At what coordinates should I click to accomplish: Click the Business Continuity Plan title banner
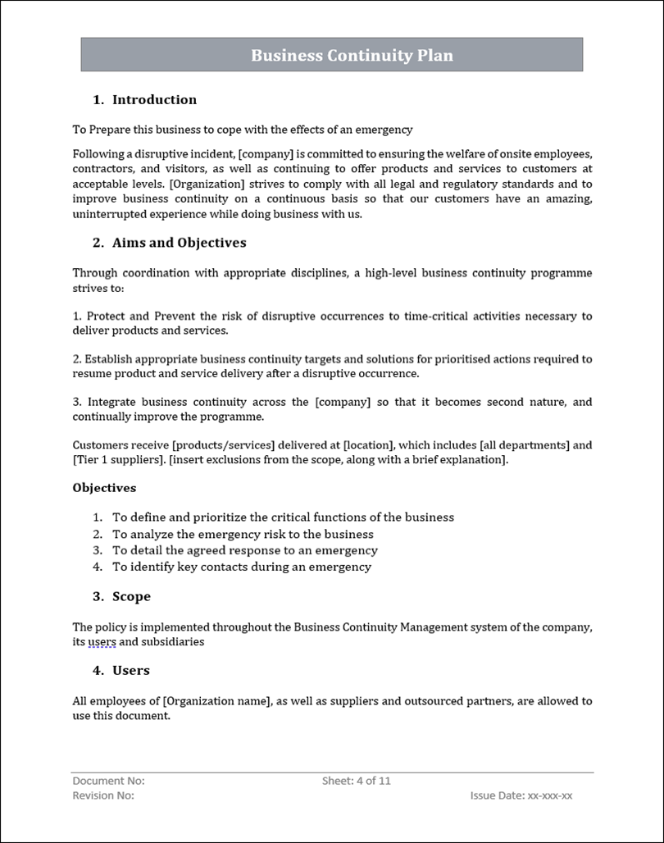(x=331, y=55)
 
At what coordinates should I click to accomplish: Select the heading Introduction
(x=154, y=100)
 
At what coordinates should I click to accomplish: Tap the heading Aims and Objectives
(x=179, y=243)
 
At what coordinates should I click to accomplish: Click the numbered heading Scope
(x=131, y=596)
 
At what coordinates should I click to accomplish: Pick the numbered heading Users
(x=130, y=670)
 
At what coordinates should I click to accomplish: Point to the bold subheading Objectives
(x=104, y=488)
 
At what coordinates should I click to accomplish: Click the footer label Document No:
(x=108, y=781)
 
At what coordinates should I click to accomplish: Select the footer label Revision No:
(x=103, y=795)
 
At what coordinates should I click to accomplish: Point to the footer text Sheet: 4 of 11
(x=356, y=781)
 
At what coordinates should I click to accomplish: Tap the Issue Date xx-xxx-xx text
(x=521, y=795)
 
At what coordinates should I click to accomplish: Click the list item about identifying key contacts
(x=241, y=567)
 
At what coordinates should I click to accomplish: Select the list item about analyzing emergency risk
(x=243, y=534)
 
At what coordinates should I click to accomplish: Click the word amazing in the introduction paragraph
(x=565, y=199)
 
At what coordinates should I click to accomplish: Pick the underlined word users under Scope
(x=102, y=642)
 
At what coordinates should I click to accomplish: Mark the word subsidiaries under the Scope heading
(x=173, y=642)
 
